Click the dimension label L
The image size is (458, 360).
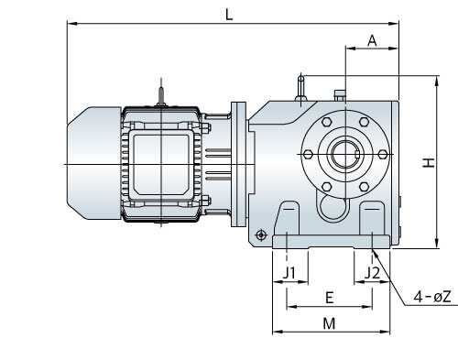[229, 15]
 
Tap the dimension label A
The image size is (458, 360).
[372, 40]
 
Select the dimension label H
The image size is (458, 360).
[429, 163]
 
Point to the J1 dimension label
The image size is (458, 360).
[289, 273]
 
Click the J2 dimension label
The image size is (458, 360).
[372, 273]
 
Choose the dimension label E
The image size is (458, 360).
[329, 298]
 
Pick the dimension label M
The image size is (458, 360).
[329, 323]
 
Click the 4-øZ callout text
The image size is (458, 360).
[432, 297]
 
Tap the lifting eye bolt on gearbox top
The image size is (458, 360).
[301, 89]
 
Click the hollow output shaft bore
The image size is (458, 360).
[345, 155]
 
